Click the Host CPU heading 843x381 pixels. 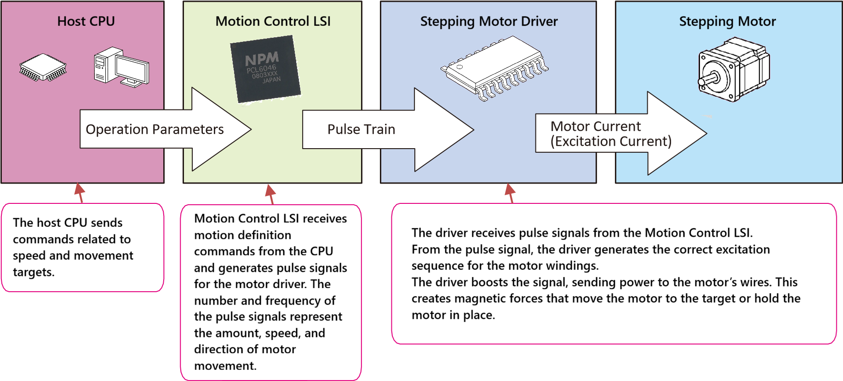pyautogui.click(x=86, y=21)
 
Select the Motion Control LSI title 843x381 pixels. pyautogui.click(x=273, y=21)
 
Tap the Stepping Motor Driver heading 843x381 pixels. pyautogui.click(x=488, y=21)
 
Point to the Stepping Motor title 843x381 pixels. pyautogui.click(x=727, y=21)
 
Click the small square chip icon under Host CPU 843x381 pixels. pyautogui.click(x=43, y=68)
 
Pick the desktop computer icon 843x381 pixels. pyautogui.click(x=121, y=67)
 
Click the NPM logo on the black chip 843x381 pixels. pyautogui.click(x=262, y=59)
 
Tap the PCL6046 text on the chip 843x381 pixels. pyautogui.click(x=261, y=69)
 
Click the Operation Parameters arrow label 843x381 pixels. pyautogui.click(x=155, y=129)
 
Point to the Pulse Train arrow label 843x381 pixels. pyautogui.click(x=361, y=129)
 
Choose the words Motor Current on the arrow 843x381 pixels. pyautogui.click(x=595, y=126)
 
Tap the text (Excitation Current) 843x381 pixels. pyautogui.click(x=611, y=141)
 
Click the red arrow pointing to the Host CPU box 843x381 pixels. pyautogui.click(x=80, y=192)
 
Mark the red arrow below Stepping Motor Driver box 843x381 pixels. pyautogui.click(x=510, y=193)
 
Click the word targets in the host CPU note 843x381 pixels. pyautogui.click(x=34, y=272)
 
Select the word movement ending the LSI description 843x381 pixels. pyautogui.click(x=225, y=366)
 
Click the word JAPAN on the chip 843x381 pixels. pyautogui.click(x=271, y=80)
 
